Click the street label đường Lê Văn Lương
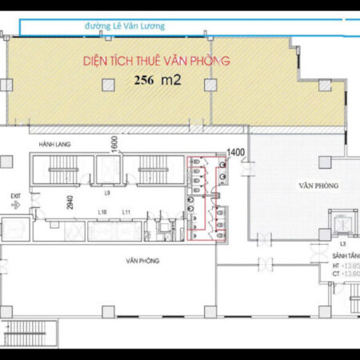124,26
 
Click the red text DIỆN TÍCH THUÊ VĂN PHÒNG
157,60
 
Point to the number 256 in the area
144,81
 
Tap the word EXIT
14,195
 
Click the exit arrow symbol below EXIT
14,205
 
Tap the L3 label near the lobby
342,242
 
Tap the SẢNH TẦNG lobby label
344,258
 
